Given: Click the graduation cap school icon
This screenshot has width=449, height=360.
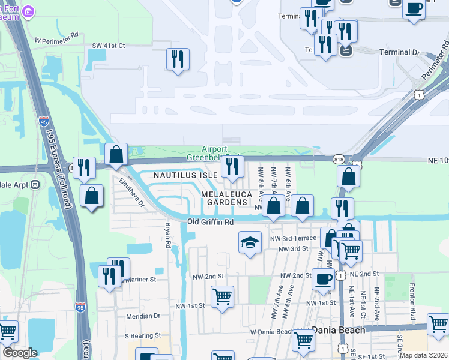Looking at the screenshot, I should click(x=250, y=242).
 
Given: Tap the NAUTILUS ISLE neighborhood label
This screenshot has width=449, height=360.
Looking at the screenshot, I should click(x=185, y=175).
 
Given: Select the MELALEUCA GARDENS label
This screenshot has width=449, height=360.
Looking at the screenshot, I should click(x=224, y=199).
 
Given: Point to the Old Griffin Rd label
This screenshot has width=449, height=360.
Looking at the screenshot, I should click(x=210, y=222).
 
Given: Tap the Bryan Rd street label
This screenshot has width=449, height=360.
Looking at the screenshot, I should click(x=167, y=235).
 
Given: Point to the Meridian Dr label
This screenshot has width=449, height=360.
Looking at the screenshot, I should click(x=143, y=316).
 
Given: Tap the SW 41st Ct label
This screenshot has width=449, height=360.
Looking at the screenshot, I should click(x=109, y=46).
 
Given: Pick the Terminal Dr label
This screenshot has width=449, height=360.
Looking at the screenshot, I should click(x=400, y=53).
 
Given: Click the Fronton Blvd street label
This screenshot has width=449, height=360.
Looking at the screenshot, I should click(x=412, y=301).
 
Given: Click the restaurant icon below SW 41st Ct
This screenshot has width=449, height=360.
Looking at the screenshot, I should click(x=178, y=59).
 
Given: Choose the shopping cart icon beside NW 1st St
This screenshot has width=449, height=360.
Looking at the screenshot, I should click(x=222, y=296).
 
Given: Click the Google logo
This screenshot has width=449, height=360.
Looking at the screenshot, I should click(x=20, y=353).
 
